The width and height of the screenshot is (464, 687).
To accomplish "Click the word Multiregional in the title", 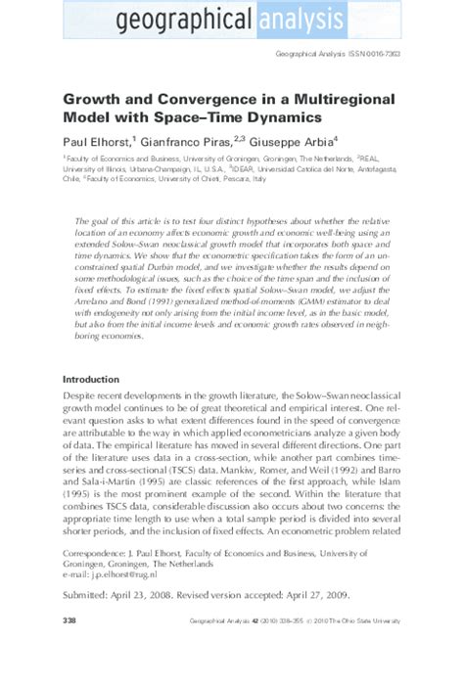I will (318, 99).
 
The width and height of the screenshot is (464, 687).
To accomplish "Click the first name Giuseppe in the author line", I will (282, 141).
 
